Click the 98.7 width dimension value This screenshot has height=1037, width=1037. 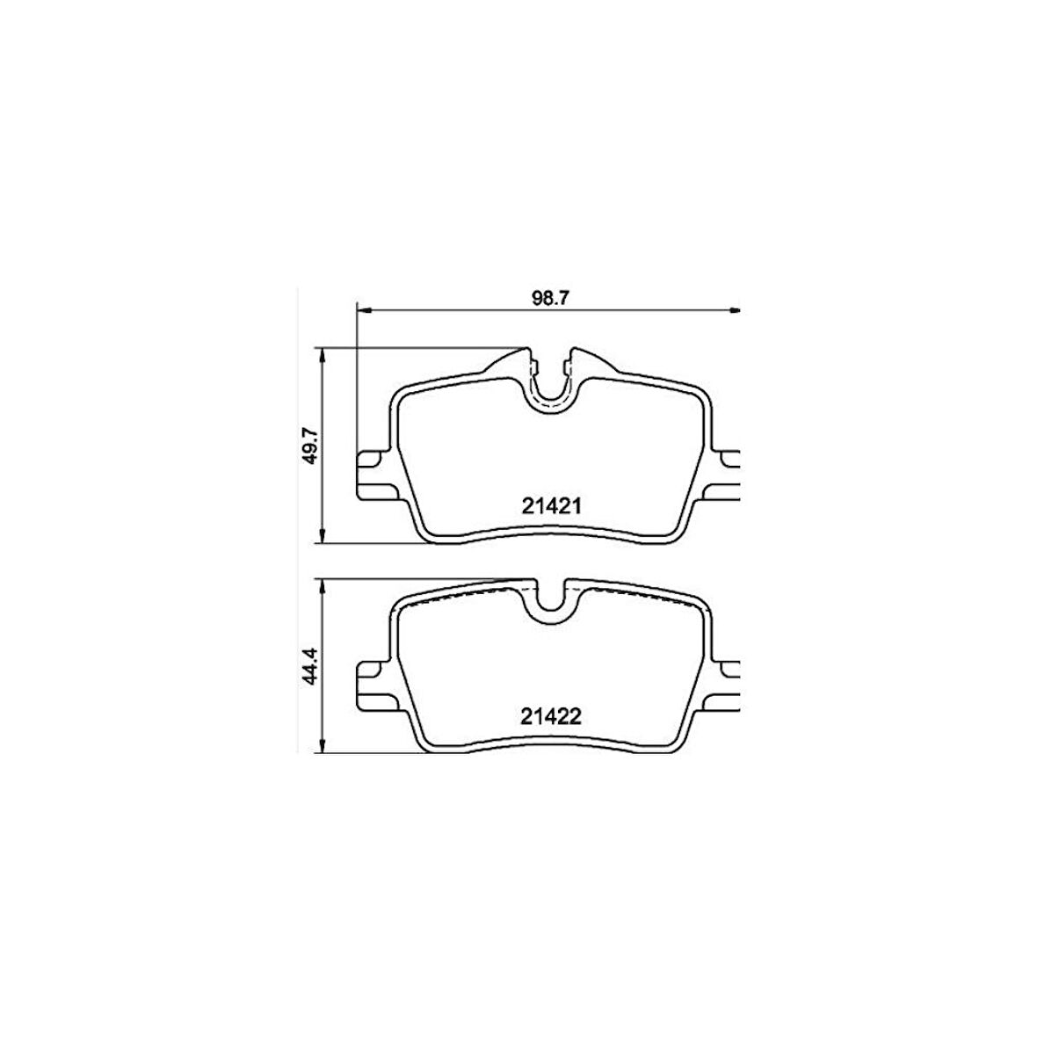(x=552, y=298)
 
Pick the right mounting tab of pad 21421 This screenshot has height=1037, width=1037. (x=729, y=475)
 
